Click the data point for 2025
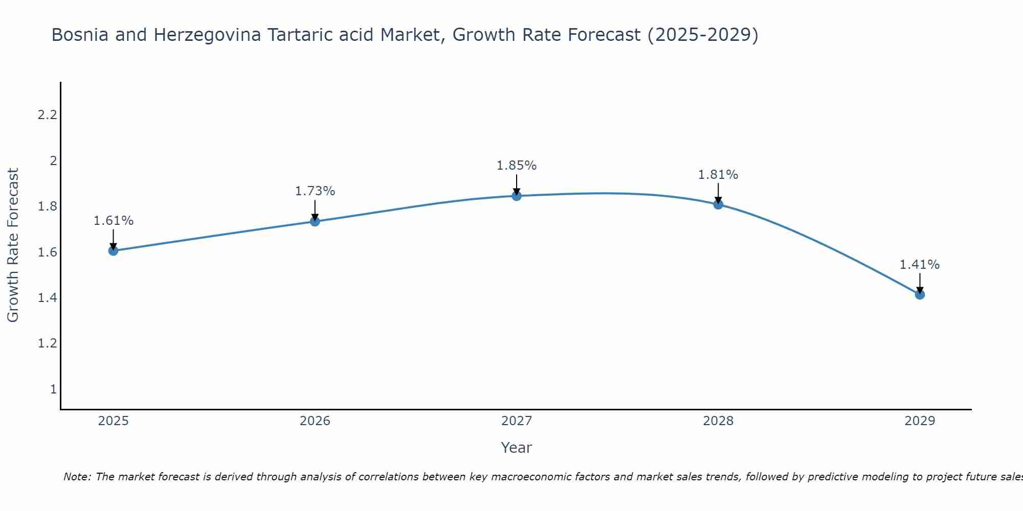click(x=114, y=250)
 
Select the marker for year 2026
click(x=315, y=221)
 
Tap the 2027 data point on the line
click(x=517, y=196)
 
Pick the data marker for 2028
click(x=718, y=204)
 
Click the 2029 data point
click(x=920, y=294)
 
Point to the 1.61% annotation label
click(x=114, y=221)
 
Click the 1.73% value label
click(x=315, y=191)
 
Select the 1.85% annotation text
click(x=517, y=166)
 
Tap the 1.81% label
click(x=718, y=175)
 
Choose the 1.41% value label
click(x=920, y=265)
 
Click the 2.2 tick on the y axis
click(x=47, y=115)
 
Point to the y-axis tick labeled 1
click(x=53, y=389)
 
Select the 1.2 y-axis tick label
click(x=47, y=343)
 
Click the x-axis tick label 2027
click(x=517, y=421)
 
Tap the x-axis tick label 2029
click(x=920, y=421)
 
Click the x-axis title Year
click(x=517, y=448)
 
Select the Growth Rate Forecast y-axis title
click(x=13, y=245)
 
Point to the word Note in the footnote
click(x=77, y=477)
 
